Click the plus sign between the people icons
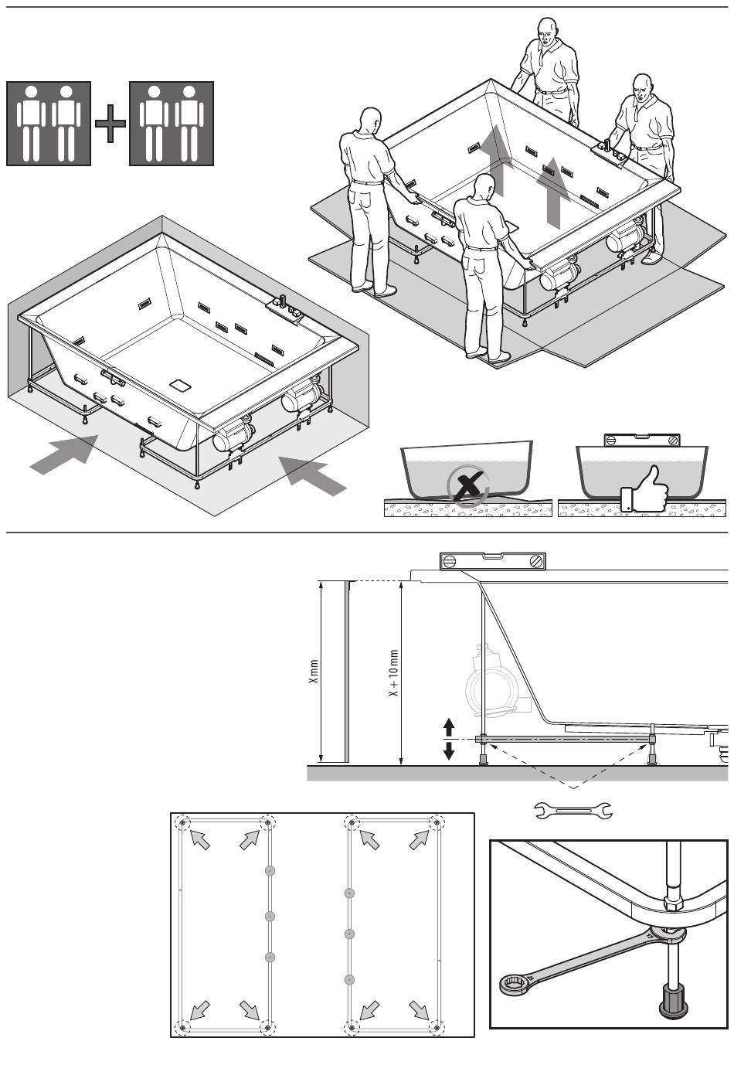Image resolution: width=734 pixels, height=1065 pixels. [x=110, y=124]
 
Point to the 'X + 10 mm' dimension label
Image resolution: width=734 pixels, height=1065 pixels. [x=393, y=672]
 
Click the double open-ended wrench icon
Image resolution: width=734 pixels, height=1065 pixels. [x=573, y=810]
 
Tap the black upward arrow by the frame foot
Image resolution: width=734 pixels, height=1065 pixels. [x=449, y=727]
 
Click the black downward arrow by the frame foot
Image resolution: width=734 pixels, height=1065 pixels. [x=449, y=750]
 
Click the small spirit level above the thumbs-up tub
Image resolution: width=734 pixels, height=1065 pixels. [x=642, y=440]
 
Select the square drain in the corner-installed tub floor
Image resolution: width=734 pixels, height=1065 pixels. [x=180, y=384]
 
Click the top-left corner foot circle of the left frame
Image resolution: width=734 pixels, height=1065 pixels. [x=182, y=823]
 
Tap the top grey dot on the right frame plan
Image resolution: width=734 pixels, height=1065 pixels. [x=349, y=893]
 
